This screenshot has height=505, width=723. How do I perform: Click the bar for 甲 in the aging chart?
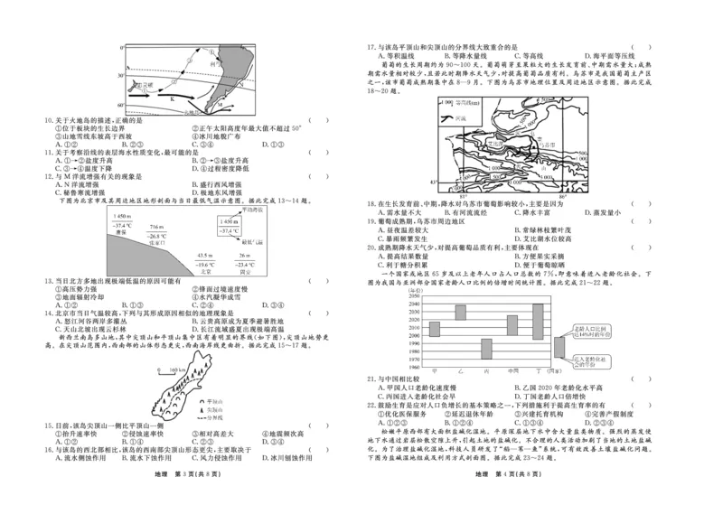pyautogui.click(x=434, y=329)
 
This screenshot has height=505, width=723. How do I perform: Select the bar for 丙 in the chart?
pyautogui.click(x=486, y=349)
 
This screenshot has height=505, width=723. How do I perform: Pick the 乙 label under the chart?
pyautogui.click(x=460, y=371)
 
